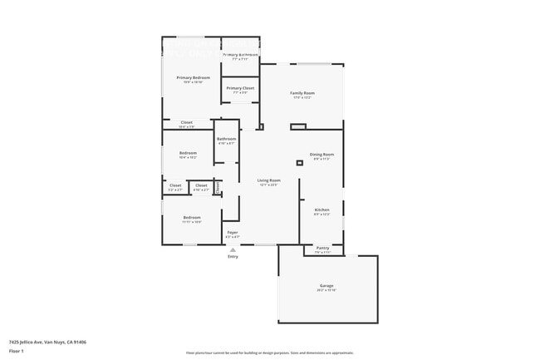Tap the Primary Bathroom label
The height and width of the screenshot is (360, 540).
pyautogui.click(x=240, y=55)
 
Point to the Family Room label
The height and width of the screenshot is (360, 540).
pyautogui.click(x=302, y=93)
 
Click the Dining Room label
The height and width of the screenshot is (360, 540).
pyautogui.click(x=322, y=155)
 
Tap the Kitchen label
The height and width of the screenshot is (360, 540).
pyautogui.click(x=322, y=210)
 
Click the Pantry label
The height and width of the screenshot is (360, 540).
pyautogui.click(x=323, y=248)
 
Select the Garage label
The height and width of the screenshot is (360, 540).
pyautogui.click(x=326, y=285)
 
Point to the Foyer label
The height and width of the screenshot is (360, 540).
pyautogui.click(x=233, y=233)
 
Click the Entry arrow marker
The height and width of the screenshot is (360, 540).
pyautogui.click(x=233, y=249)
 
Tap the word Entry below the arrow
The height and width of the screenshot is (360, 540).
pyautogui.click(x=233, y=256)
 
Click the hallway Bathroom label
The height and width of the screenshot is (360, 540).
pyautogui.click(x=226, y=139)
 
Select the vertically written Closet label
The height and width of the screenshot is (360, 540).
pyautogui.click(x=218, y=188)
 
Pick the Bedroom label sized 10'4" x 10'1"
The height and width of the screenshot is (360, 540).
pyautogui.click(x=188, y=153)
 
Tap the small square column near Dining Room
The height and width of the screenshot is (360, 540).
pyautogui.click(x=299, y=163)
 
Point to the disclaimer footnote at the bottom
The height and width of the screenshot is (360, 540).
pyautogui.click(x=270, y=353)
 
